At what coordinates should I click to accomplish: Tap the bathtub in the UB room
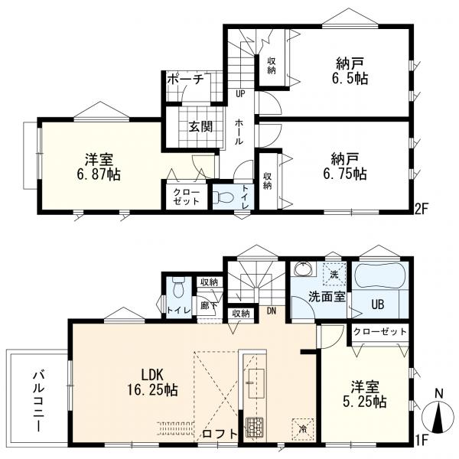point(379,276)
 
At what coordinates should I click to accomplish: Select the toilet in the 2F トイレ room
point(223,197)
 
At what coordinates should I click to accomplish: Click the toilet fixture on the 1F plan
point(178,287)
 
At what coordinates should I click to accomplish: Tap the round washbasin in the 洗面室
point(303,269)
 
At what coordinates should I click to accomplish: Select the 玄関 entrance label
point(200,127)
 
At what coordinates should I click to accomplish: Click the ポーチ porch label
point(186,79)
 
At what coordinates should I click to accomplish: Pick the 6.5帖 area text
point(350,79)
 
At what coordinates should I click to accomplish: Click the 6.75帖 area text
point(345,174)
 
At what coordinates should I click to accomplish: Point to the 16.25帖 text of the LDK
point(152,390)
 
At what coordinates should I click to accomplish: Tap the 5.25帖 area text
point(365,402)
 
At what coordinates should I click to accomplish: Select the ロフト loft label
point(220,434)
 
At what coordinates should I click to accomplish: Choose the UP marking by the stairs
point(241,93)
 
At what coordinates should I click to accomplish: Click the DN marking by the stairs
point(272,311)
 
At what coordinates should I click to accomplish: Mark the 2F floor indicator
point(422,209)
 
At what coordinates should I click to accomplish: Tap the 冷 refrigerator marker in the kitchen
point(303,429)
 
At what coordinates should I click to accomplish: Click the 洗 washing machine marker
point(334,275)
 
